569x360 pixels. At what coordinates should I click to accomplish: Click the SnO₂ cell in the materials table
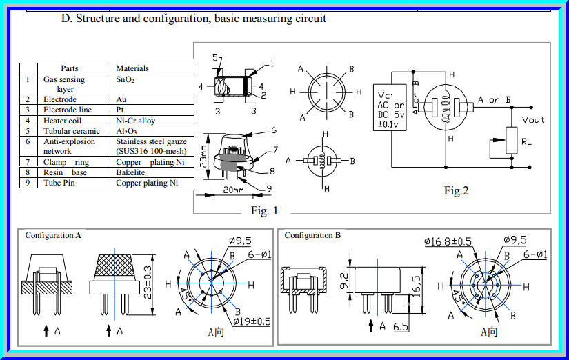click(x=125, y=79)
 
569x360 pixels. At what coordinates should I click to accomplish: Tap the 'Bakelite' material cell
click(x=131, y=172)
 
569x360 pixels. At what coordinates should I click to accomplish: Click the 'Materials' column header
click(x=132, y=68)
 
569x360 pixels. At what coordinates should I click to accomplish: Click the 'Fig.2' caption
click(x=456, y=191)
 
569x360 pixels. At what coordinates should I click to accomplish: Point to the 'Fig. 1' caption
click(x=264, y=211)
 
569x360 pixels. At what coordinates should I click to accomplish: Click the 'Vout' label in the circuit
click(x=533, y=120)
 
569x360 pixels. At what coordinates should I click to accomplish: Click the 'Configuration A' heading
click(x=53, y=235)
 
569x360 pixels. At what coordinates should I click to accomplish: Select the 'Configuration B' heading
click(x=312, y=235)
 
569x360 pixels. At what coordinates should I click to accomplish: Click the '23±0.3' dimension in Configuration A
click(x=147, y=283)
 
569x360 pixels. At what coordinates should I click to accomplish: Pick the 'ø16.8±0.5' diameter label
click(x=448, y=241)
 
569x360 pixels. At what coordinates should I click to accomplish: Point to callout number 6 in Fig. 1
click(x=273, y=130)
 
